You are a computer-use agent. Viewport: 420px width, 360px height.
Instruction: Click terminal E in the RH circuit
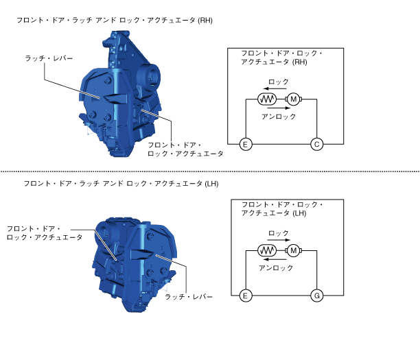pyautogui.click(x=246, y=145)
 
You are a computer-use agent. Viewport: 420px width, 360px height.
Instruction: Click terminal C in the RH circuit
pyautogui.click(x=317, y=145)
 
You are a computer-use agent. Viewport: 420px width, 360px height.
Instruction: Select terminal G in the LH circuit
pyautogui.click(x=317, y=296)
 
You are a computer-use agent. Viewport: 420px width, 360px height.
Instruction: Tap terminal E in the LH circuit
pyautogui.click(x=246, y=296)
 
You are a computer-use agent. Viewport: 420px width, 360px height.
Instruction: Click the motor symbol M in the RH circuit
pyautogui.click(x=293, y=99)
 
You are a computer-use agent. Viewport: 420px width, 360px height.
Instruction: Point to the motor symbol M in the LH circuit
pyautogui.click(x=293, y=250)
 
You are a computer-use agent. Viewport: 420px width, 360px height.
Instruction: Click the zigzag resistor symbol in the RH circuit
pyautogui.click(x=267, y=99)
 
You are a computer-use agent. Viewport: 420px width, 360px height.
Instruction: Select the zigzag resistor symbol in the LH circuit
pyautogui.click(x=267, y=250)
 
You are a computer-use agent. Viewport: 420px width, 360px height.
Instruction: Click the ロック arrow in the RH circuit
pyautogui.click(x=275, y=88)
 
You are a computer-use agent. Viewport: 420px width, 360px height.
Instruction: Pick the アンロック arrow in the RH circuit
pyautogui.click(x=279, y=108)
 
